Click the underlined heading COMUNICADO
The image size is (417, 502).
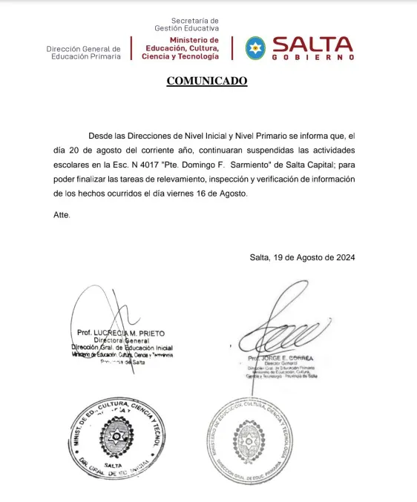207,81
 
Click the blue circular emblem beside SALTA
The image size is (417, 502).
255,47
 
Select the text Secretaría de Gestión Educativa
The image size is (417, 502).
186,24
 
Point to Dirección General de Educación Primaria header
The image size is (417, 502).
83,53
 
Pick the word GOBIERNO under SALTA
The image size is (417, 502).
312,57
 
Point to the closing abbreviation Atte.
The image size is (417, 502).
63,214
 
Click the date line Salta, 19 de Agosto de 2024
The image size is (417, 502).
302,257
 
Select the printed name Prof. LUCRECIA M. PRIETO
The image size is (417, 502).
121,333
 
